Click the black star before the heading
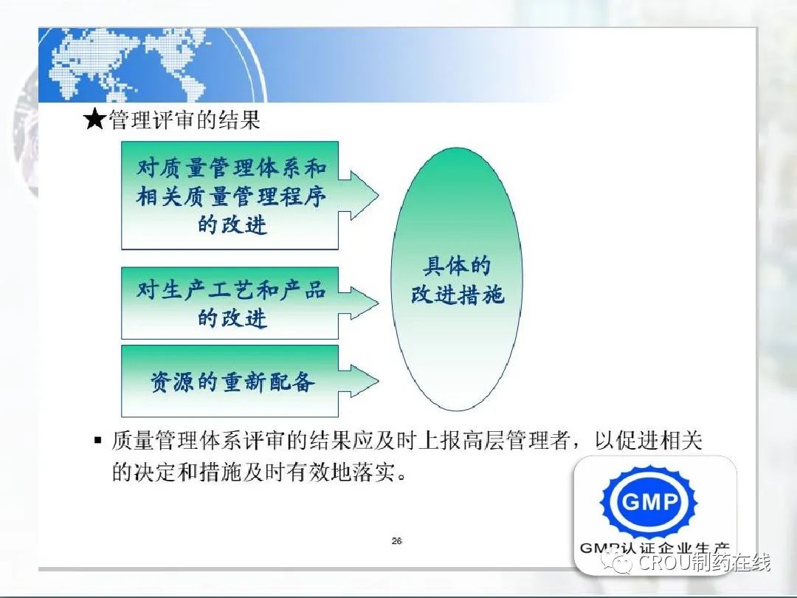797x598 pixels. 95,120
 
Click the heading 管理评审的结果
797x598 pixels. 184,120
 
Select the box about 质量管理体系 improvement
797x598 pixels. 230,195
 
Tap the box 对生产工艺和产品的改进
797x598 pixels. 230,303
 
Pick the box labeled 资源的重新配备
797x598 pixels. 230,382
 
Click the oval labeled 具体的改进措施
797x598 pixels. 457,279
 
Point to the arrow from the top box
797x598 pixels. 359,195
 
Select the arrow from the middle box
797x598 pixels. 359,303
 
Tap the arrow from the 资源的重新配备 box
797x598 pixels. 359,381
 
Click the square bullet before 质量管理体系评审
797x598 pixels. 98,440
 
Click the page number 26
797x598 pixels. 397,541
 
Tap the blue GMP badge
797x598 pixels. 649,502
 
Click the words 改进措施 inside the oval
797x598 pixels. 457,295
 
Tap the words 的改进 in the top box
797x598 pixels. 232,224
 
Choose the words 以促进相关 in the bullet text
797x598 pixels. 648,440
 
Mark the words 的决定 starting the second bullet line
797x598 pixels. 145,472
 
